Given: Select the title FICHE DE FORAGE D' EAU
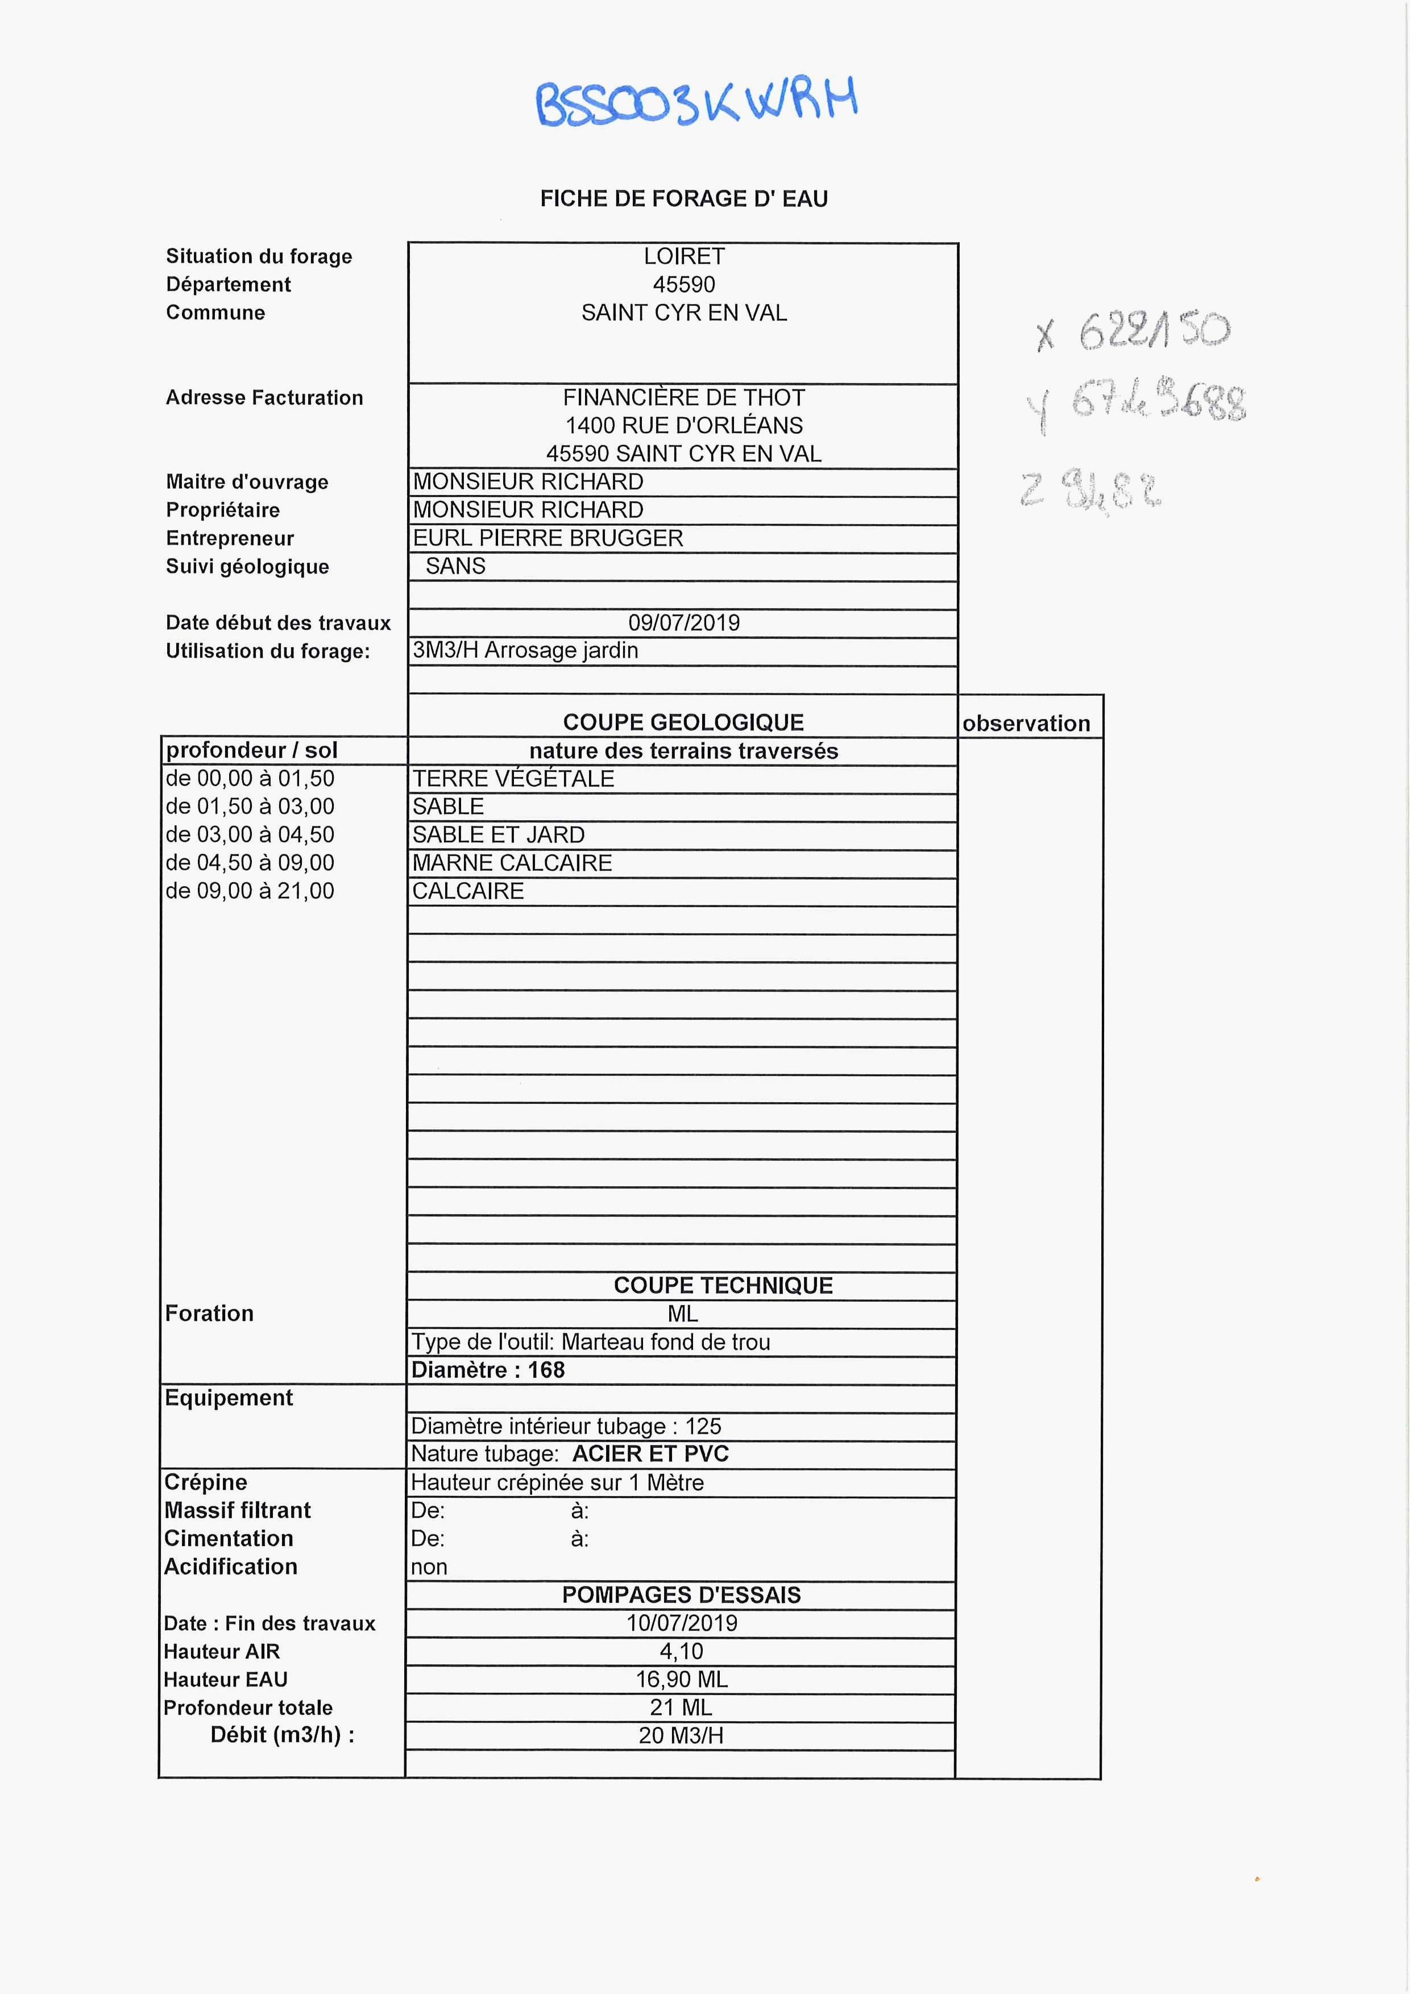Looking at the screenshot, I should tap(684, 199).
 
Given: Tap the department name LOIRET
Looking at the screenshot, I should tap(684, 257).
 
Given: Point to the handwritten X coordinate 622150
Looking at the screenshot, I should tap(1134, 330).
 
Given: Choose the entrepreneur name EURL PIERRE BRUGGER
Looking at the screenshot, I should tap(548, 538).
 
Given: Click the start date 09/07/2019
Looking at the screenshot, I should tap(684, 622).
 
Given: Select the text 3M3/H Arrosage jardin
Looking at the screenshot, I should tap(525, 650).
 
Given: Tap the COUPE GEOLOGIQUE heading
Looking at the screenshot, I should tap(684, 722).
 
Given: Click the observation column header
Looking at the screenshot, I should tap(1026, 724).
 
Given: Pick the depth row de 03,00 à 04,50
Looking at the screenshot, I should tap(250, 834).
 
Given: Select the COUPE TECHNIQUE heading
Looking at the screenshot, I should tap(723, 1285).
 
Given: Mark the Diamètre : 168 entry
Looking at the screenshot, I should tap(488, 1369).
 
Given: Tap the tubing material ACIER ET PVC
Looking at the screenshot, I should tap(650, 1454).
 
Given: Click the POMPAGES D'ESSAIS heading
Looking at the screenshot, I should tap(681, 1594).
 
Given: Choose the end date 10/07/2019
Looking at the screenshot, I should tap(682, 1623).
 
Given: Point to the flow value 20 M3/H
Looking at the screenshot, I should tap(681, 1735).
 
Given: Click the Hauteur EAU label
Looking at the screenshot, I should tap(226, 1680).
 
